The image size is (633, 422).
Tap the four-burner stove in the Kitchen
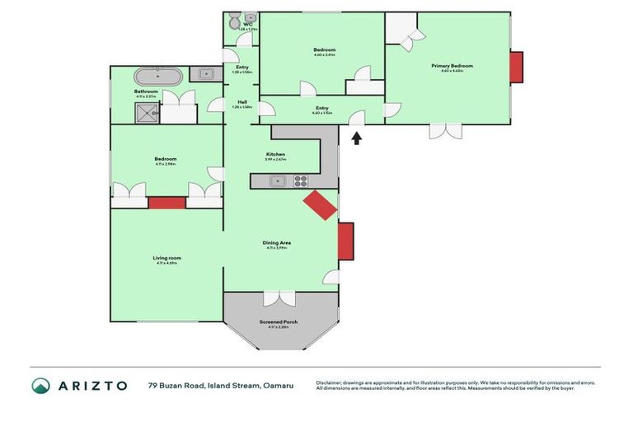[302, 181]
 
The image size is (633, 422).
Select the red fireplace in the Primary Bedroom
[516, 68]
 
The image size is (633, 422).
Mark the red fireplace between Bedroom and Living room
[167, 202]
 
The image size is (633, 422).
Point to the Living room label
[166, 259]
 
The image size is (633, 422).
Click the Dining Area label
[276, 243]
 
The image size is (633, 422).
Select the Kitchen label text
[275, 155]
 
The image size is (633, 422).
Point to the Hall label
[242, 102]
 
